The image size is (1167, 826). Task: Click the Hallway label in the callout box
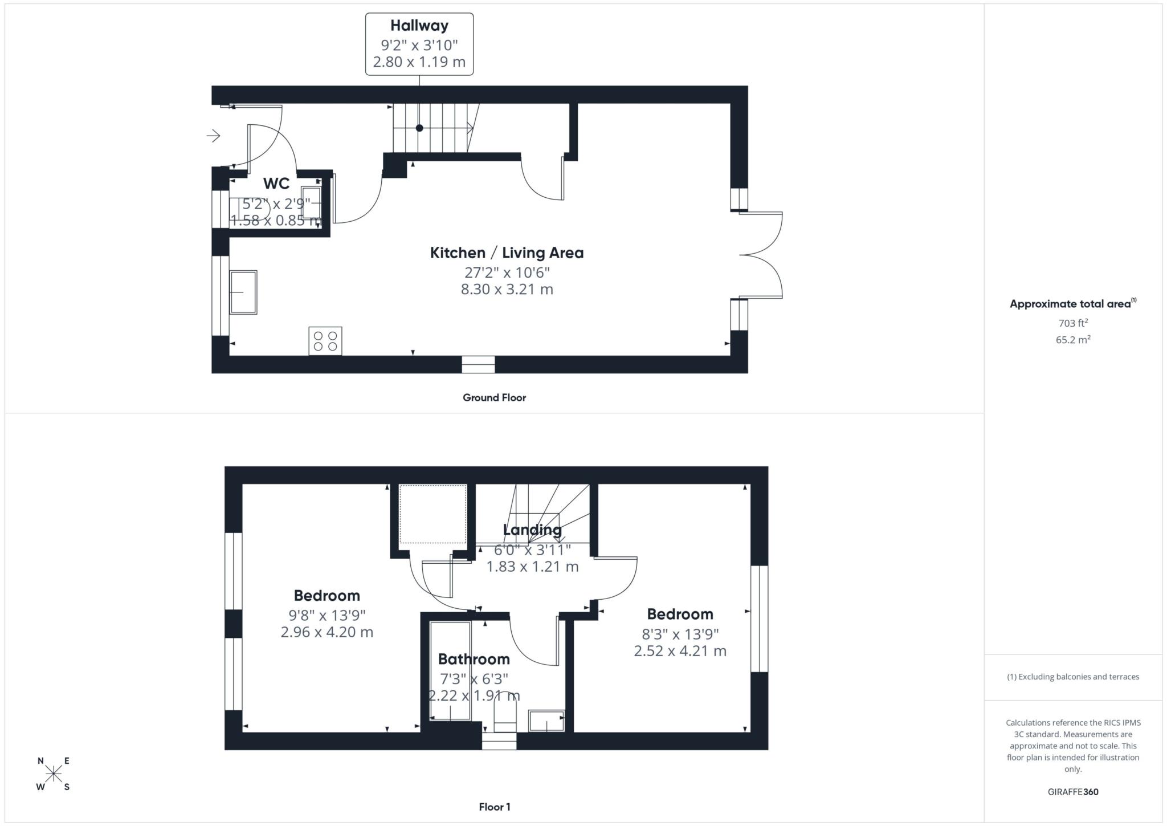(419, 26)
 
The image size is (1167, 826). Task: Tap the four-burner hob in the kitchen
(325, 341)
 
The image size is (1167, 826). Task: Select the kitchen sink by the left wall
(243, 292)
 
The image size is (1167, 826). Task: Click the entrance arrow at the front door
(214, 136)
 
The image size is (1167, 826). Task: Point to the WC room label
(276, 184)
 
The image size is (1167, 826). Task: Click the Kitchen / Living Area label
(507, 253)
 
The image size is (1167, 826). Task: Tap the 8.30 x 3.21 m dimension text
(507, 290)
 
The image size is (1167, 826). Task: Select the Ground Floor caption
(494, 398)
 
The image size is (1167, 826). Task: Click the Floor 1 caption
(495, 807)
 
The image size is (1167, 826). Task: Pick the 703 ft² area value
(1073, 323)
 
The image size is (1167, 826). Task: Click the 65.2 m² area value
(1073, 340)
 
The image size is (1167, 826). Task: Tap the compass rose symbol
(54, 774)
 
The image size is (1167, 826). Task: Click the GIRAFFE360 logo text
(1073, 792)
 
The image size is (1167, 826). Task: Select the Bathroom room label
(474, 659)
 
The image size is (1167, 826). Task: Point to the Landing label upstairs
(532, 530)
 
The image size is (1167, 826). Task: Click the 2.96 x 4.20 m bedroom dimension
(327, 632)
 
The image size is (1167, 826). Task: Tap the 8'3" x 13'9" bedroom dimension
(680, 634)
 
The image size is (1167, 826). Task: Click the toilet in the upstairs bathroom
(505, 716)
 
